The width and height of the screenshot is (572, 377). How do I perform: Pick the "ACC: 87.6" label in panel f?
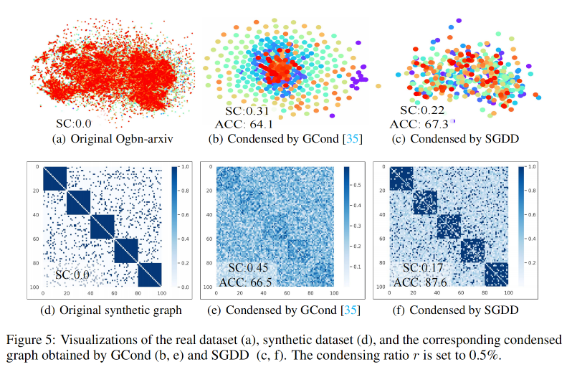(424, 282)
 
